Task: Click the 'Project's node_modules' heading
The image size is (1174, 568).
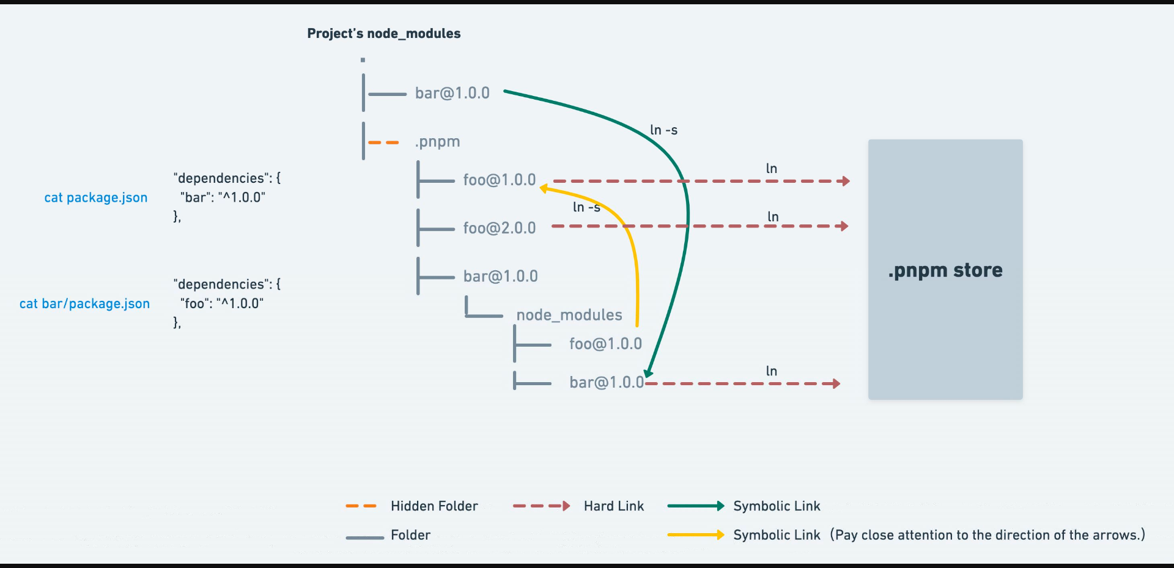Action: (x=383, y=34)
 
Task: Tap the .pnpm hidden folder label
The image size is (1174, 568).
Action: (x=437, y=142)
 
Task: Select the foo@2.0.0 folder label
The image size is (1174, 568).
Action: (x=499, y=228)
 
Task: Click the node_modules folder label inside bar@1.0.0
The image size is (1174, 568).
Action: (x=569, y=315)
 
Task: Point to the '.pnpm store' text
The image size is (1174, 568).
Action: (x=945, y=270)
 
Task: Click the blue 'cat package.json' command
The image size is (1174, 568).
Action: (x=96, y=197)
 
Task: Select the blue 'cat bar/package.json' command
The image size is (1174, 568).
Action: (x=84, y=304)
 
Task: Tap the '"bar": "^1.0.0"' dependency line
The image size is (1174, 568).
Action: (x=223, y=197)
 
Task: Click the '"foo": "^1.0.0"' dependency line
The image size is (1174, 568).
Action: (x=222, y=303)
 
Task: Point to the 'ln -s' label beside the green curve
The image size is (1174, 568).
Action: (x=663, y=130)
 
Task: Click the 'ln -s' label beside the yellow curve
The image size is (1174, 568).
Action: (x=586, y=207)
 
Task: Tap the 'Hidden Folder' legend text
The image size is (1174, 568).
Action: (x=434, y=506)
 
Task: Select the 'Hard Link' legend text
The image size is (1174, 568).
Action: (x=614, y=506)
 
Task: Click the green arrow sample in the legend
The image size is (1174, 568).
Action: (x=696, y=506)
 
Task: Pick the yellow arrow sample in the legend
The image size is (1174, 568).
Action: (x=696, y=535)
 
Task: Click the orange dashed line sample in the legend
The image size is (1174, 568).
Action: (x=361, y=506)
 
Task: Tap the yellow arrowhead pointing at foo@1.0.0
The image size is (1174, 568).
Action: (x=544, y=189)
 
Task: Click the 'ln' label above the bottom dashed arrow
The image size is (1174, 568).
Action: (x=772, y=371)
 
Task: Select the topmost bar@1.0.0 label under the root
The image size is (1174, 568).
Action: (x=452, y=93)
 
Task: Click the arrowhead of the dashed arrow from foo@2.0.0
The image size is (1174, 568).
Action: (x=844, y=226)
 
